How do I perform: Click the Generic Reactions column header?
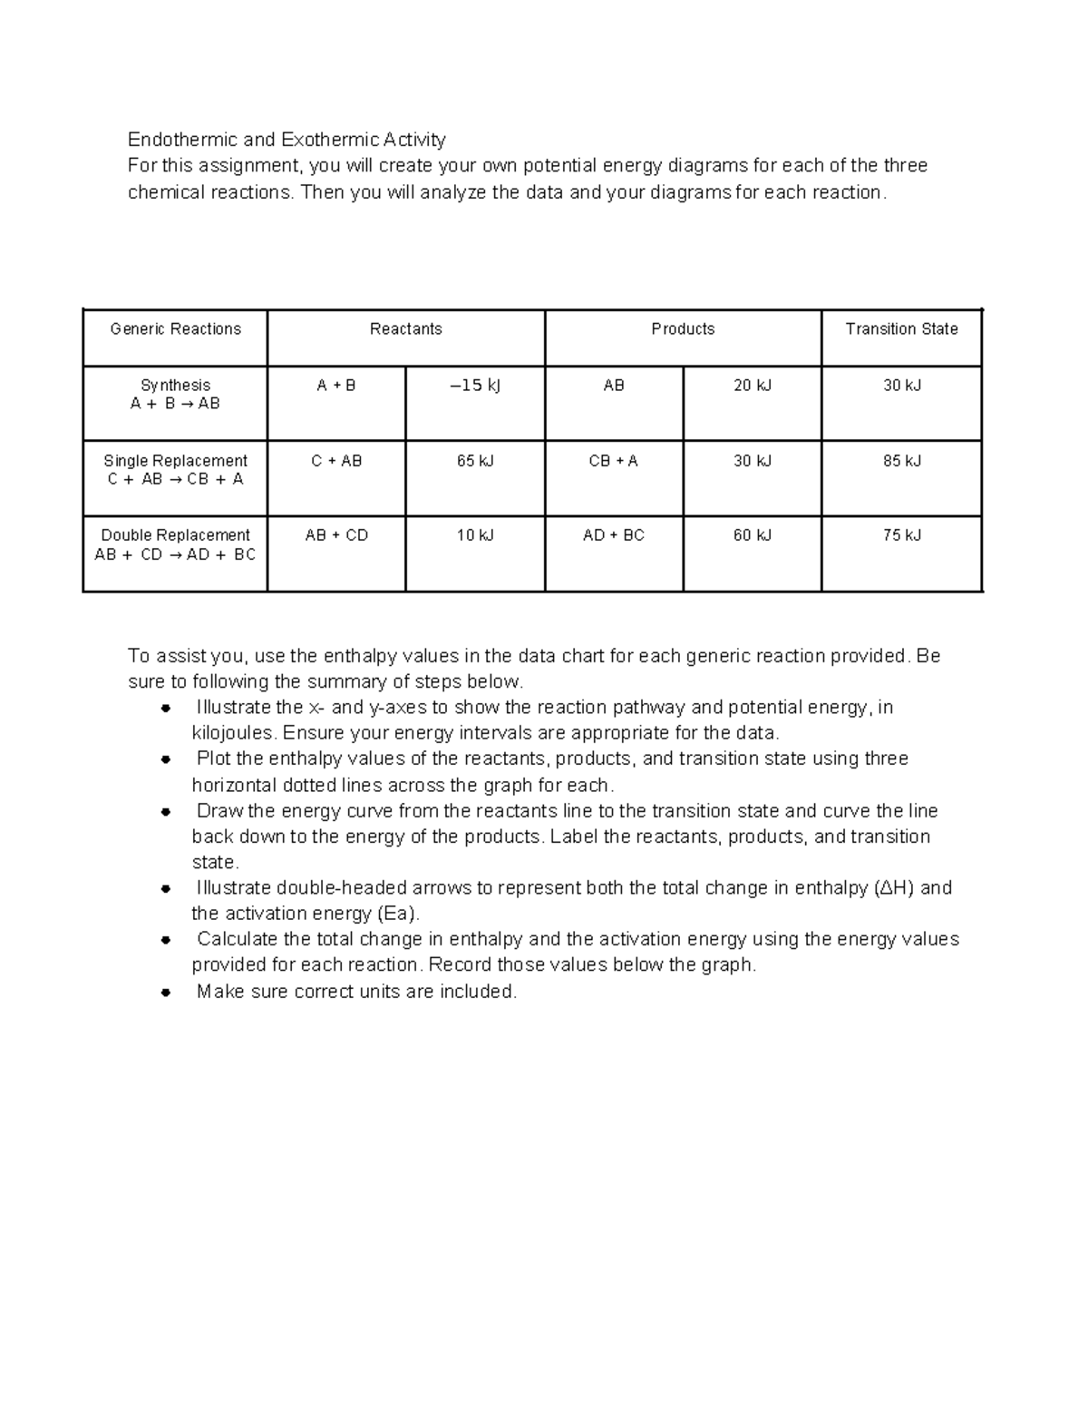tap(175, 329)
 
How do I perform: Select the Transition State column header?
tap(901, 329)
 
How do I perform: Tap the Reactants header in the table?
tap(405, 329)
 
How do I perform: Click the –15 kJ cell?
tap(475, 386)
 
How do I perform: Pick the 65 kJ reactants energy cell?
tap(475, 461)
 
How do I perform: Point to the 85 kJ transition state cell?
tap(901, 461)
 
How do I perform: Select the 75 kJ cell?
tap(901, 535)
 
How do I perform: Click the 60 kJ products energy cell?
tap(752, 535)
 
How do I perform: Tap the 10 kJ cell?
tap(475, 535)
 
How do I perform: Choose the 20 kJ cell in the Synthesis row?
tap(752, 386)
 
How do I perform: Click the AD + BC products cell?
tap(613, 535)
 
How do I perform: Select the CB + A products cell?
tap(613, 461)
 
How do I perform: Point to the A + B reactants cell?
tap(335, 386)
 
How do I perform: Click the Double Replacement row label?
tap(175, 544)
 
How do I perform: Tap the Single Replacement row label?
tap(175, 470)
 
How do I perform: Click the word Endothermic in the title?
tap(181, 140)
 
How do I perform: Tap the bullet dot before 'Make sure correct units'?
tap(165, 993)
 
